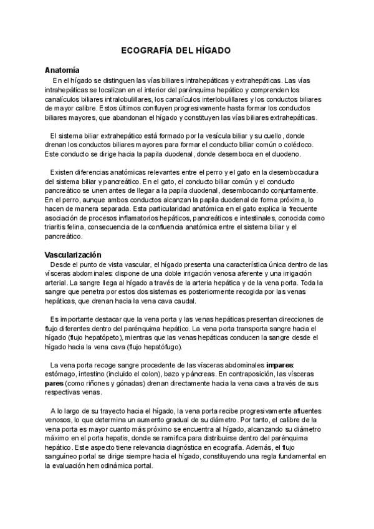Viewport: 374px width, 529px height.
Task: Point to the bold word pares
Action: [55, 383]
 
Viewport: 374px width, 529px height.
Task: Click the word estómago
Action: [60, 374]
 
